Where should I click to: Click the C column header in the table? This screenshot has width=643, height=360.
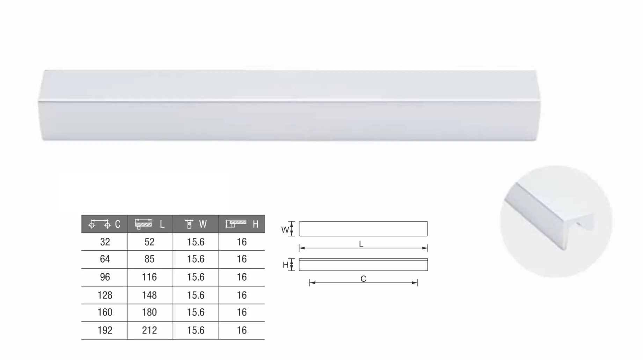pos(104,224)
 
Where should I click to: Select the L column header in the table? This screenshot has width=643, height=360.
pos(150,224)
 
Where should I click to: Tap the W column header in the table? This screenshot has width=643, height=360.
pos(196,224)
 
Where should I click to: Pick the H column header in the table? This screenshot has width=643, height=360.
pos(242,224)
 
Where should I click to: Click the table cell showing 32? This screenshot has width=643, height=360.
pos(105,242)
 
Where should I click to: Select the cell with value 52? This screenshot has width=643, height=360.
pos(149,242)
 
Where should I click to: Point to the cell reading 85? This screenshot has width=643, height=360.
pos(149,259)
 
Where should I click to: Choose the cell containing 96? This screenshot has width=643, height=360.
pos(105,277)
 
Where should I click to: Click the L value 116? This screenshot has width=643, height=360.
pos(149,277)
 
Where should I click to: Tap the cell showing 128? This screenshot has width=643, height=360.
pos(105,295)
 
